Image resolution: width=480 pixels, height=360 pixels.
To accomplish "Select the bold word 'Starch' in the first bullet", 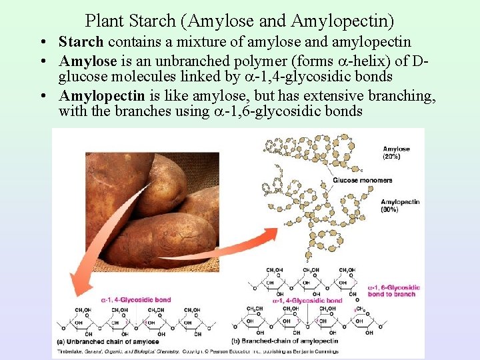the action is click(81, 43).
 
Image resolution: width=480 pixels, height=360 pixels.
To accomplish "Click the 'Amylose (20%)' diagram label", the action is click(396, 153).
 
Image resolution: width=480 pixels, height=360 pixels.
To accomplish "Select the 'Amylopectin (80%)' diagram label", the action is click(400, 205).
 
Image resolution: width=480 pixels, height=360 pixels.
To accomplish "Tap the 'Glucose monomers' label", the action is click(363, 180).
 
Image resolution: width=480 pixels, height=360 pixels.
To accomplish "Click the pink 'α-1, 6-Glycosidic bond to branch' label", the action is click(394, 291).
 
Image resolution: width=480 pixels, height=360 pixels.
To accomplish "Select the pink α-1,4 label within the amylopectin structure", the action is click(307, 301).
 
